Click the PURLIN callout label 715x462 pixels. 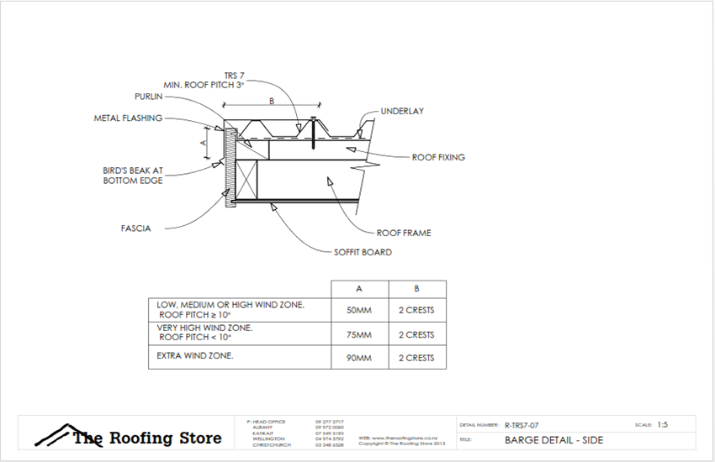click(149, 97)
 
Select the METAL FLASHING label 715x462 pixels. click(128, 118)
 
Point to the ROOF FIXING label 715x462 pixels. click(437, 157)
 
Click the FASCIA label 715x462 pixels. click(135, 228)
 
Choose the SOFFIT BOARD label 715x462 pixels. click(363, 252)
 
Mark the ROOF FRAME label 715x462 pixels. click(404, 233)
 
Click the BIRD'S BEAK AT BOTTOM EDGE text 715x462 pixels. click(134, 175)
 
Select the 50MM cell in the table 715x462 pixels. click(359, 310)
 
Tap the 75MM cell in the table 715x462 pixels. click(359, 334)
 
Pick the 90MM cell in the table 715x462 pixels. click(359, 358)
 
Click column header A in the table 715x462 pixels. click(359, 289)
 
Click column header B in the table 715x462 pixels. click(416, 289)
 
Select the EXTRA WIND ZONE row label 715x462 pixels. click(195, 356)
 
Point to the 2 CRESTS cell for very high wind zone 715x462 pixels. click(416, 334)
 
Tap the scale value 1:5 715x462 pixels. click(663, 425)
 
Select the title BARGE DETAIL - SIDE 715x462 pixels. click(553, 440)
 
